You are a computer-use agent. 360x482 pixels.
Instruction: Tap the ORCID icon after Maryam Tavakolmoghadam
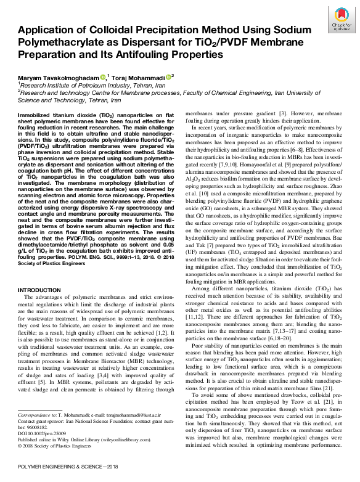click(103, 77)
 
